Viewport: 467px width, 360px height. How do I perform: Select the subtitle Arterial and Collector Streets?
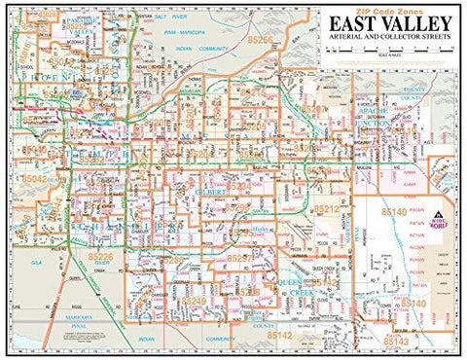pyautogui.click(x=389, y=42)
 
